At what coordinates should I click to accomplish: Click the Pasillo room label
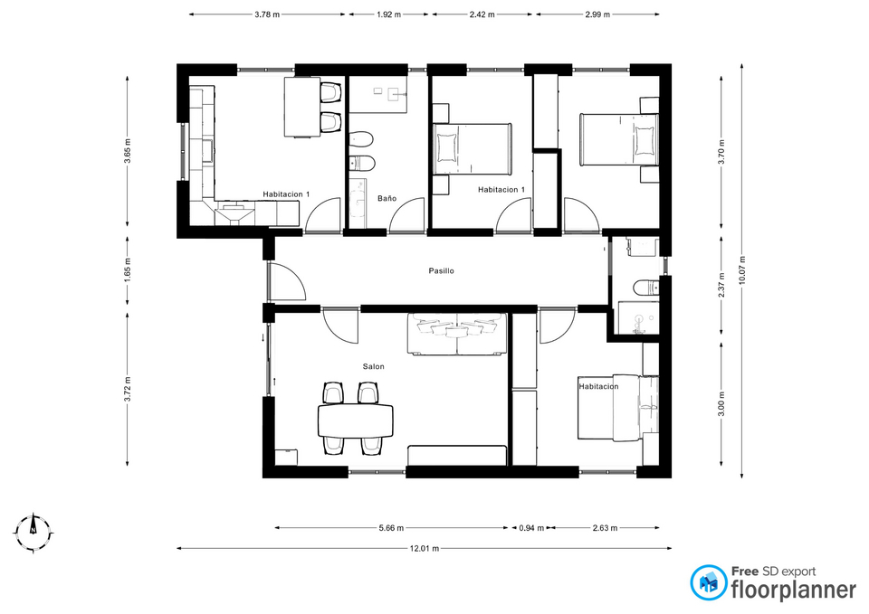(x=441, y=270)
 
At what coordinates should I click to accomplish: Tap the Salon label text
(x=374, y=366)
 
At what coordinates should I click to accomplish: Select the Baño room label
(x=387, y=198)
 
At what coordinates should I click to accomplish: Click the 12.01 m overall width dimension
(x=425, y=549)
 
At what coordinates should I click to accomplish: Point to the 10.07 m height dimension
(x=742, y=270)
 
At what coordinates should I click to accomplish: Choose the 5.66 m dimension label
(x=391, y=528)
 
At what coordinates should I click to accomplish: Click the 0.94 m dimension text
(x=531, y=528)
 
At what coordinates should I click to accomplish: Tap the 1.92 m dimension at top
(x=388, y=15)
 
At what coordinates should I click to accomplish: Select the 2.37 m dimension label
(x=721, y=286)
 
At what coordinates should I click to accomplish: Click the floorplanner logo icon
(x=709, y=582)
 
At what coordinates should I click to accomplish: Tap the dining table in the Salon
(x=356, y=420)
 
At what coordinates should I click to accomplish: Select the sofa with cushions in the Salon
(x=457, y=334)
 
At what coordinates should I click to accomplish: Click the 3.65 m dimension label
(x=128, y=151)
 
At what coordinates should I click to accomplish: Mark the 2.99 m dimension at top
(x=597, y=15)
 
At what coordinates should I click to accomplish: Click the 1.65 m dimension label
(x=128, y=270)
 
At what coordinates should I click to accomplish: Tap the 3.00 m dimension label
(x=721, y=403)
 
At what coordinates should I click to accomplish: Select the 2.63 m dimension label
(x=605, y=528)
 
